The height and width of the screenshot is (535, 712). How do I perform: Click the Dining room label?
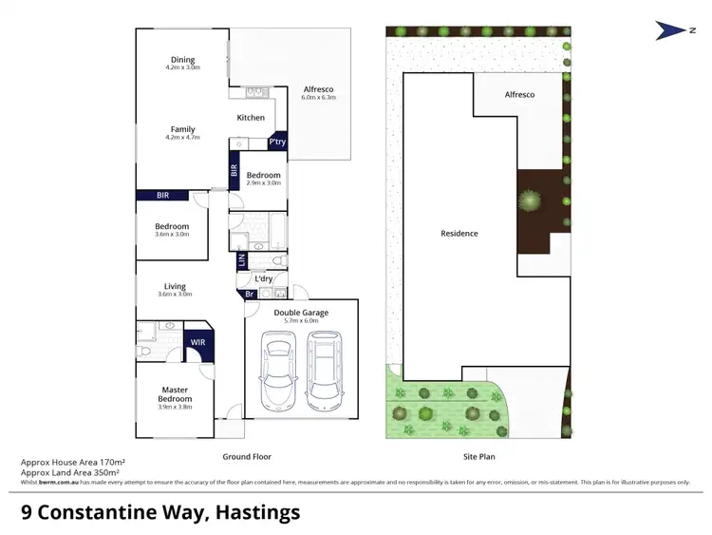click(182, 59)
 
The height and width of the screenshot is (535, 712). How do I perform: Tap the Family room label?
click(182, 129)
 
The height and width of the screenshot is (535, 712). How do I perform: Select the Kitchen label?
click(251, 118)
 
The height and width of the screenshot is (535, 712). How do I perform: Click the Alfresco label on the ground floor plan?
click(317, 89)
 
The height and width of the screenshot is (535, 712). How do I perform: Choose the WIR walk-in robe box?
click(198, 342)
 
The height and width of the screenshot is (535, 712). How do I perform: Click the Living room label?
click(175, 286)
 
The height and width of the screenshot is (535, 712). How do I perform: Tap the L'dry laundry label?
click(265, 278)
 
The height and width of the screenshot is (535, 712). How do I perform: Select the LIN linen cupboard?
click(243, 259)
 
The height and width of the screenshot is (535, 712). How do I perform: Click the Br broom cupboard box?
click(249, 294)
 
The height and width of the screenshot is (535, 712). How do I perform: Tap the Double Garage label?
click(301, 313)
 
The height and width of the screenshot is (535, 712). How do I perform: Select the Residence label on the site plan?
click(459, 233)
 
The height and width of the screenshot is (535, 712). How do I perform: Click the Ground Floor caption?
click(247, 456)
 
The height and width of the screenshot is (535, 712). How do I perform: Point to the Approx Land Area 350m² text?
click(69, 472)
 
